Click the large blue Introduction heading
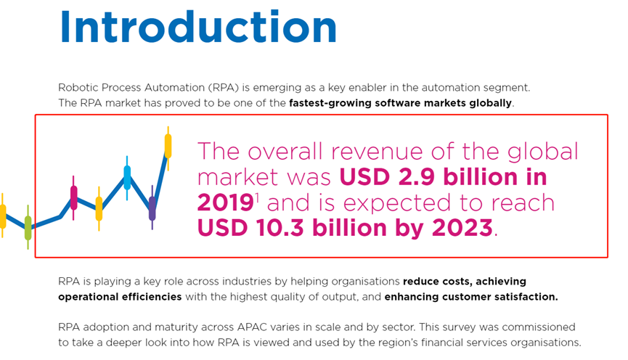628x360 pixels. [198, 27]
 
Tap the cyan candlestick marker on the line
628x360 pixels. [127, 178]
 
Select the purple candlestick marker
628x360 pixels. [152, 208]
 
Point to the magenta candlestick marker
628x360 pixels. [74, 198]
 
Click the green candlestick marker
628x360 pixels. [28, 227]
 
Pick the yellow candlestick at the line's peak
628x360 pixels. [168, 146]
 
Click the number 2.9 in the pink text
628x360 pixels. [416, 177]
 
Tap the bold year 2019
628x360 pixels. [226, 202]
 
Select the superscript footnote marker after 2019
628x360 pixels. [257, 197]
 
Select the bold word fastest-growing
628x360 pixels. [330, 103]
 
